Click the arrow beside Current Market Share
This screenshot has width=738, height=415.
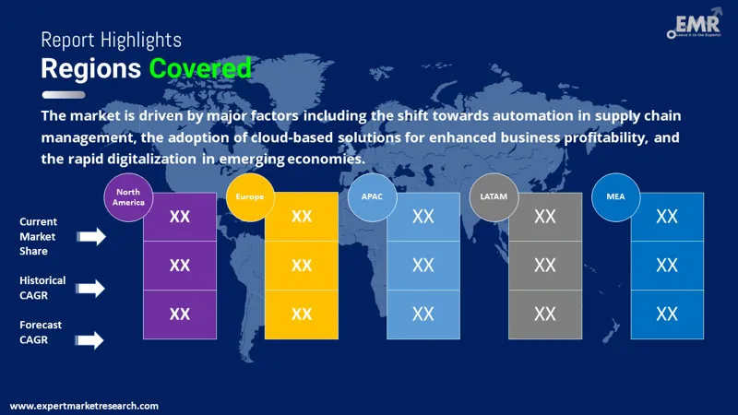91,237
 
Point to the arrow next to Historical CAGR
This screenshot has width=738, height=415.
91,289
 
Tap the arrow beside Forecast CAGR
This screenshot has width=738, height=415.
91,340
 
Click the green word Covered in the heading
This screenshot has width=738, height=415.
200,68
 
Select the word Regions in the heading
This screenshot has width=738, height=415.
90,68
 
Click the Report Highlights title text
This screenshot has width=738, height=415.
112,41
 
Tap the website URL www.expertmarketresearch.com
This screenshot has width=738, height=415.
84,406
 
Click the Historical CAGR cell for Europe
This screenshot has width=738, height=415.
302,266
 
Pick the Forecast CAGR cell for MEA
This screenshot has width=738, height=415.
667,314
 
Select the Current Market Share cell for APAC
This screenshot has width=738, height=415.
423,217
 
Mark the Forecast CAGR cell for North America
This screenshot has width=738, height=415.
180,314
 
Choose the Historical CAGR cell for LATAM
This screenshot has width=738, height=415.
545,266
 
